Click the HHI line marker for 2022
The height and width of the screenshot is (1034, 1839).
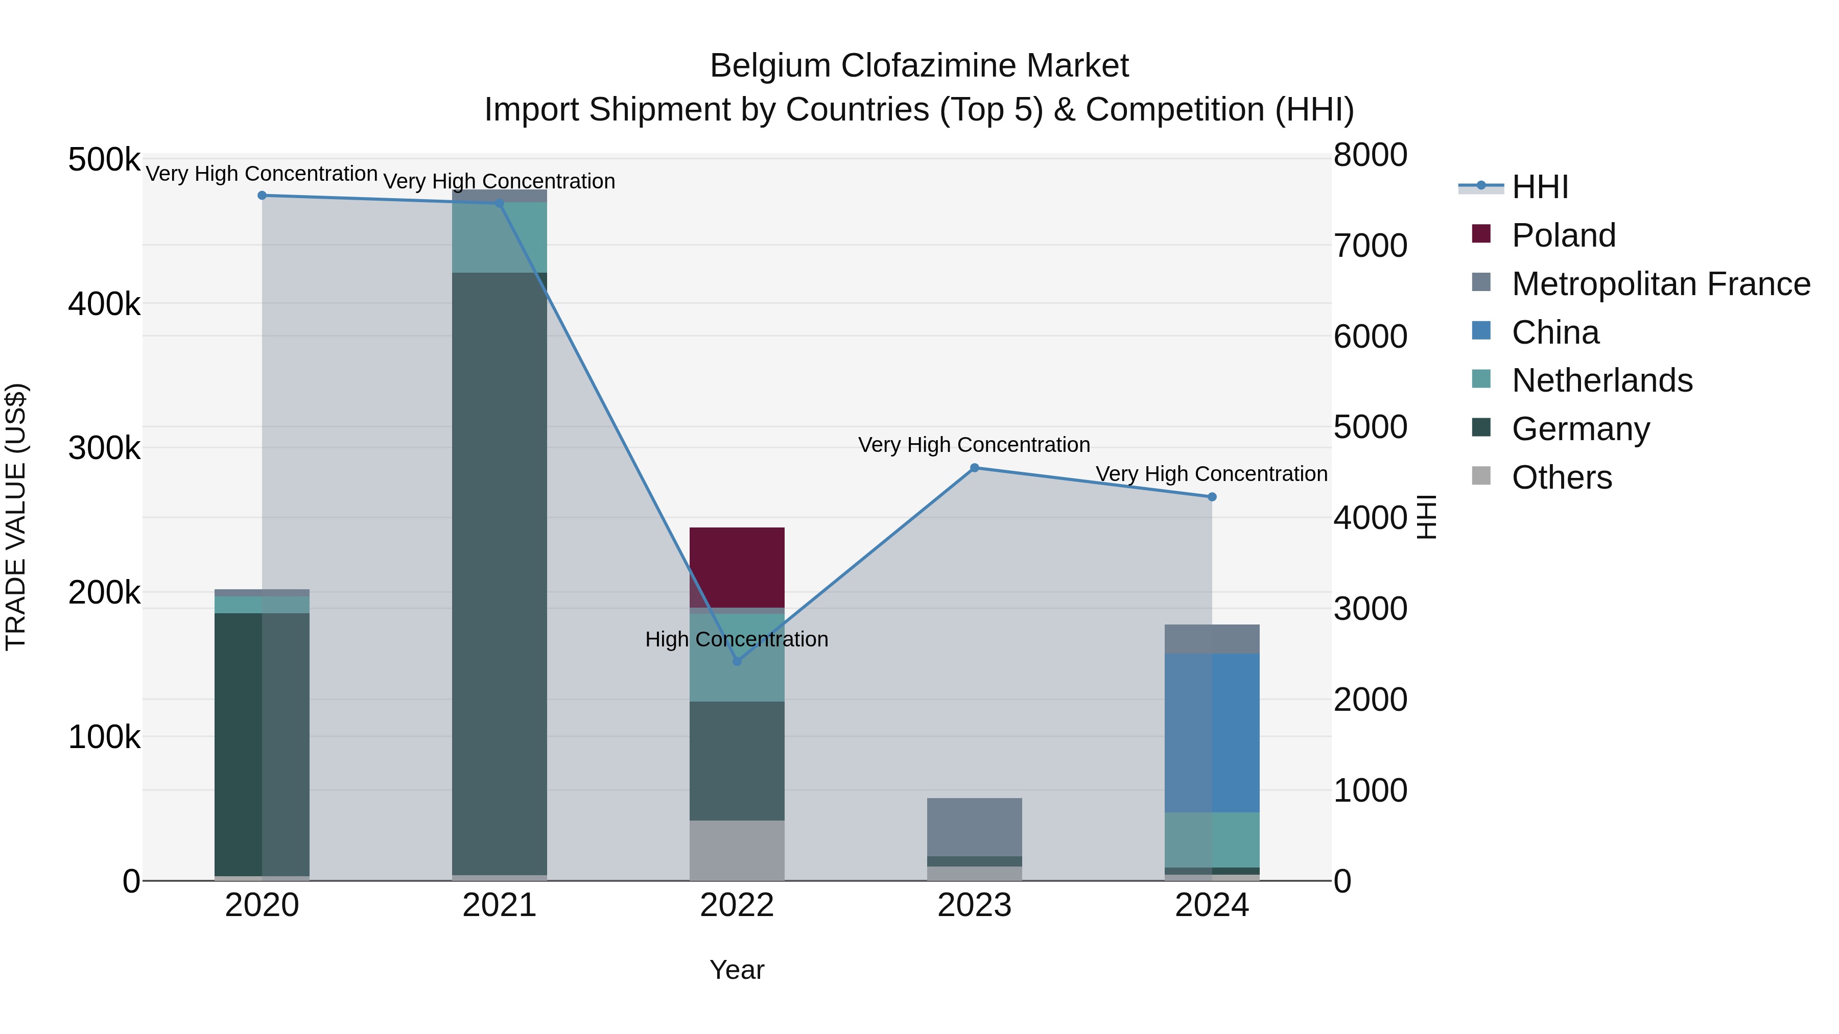(x=737, y=661)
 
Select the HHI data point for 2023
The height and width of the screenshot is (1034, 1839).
(x=975, y=468)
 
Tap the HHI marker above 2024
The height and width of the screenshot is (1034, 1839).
(x=1212, y=497)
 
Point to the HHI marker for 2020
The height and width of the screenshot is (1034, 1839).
(x=262, y=196)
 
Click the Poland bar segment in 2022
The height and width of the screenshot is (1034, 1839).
(x=737, y=567)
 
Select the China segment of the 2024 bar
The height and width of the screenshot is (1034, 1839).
(x=1212, y=733)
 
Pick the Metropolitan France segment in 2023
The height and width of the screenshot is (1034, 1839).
(x=975, y=827)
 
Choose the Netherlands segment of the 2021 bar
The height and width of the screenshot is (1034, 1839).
(x=499, y=237)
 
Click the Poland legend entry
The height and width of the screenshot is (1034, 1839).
(x=1564, y=235)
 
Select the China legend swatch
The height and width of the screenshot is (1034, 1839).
(x=1481, y=331)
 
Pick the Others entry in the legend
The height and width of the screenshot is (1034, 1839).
(x=1561, y=477)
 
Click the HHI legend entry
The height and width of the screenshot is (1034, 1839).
(x=1540, y=187)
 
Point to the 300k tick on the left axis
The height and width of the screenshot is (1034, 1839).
(x=104, y=448)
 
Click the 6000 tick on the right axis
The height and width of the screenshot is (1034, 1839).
(x=1370, y=337)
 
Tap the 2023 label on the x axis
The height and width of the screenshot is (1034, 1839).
(x=975, y=905)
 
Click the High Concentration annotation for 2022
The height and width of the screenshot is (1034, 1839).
(x=737, y=639)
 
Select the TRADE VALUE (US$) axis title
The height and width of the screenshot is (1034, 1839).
(x=16, y=517)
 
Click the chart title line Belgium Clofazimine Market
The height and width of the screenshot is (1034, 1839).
(x=919, y=66)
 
